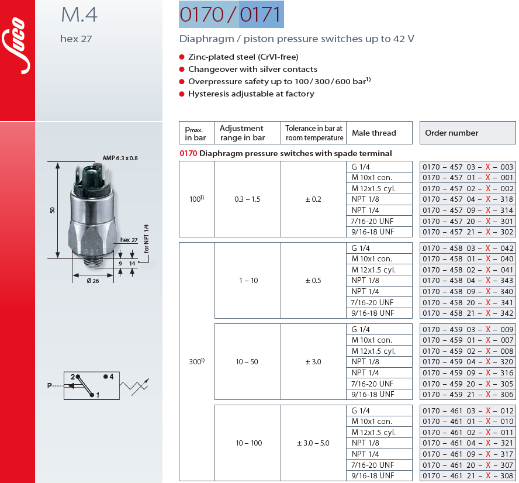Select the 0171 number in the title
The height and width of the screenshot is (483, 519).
point(261,15)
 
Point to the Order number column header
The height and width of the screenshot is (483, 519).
point(451,133)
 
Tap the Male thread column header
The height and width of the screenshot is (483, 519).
point(373,133)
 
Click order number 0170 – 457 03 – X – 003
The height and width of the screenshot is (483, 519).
point(468,167)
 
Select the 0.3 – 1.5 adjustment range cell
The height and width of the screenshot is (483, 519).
point(247,199)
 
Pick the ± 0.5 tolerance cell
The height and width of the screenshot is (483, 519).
point(313,281)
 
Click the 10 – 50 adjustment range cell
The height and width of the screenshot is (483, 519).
point(247,362)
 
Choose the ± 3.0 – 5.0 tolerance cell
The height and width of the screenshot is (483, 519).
point(313,443)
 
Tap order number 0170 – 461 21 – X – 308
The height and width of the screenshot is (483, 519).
point(468,476)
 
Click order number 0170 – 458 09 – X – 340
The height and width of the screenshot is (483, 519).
point(468,292)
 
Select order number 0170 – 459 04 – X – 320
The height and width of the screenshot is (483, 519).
point(468,362)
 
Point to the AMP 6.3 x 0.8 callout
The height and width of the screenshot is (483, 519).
point(120,158)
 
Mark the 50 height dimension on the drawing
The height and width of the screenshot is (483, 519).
point(52,210)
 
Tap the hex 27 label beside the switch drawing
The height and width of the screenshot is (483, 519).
point(129,240)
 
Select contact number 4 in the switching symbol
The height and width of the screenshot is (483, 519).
point(111,377)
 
